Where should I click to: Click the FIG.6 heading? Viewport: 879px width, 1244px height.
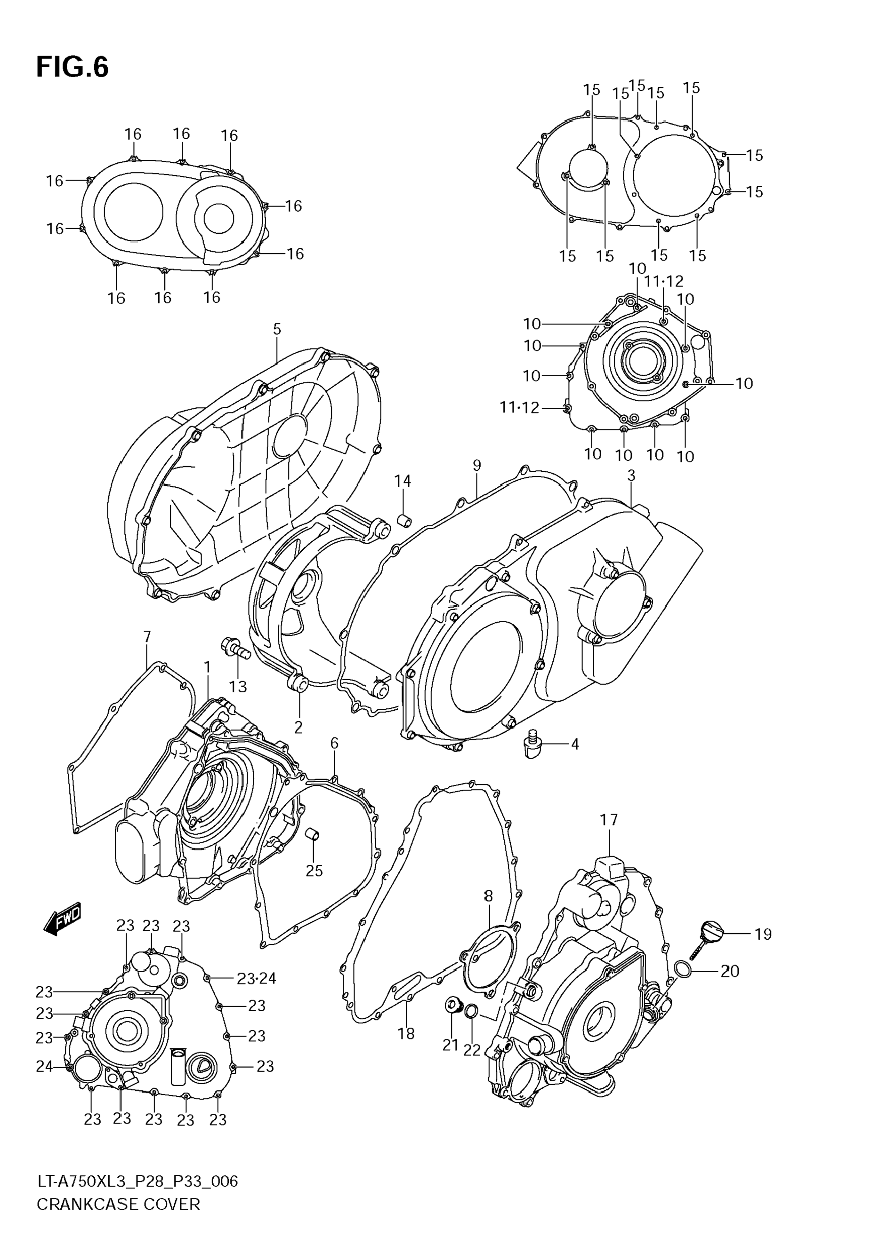[x=72, y=68]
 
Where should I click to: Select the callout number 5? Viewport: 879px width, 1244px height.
[x=277, y=329]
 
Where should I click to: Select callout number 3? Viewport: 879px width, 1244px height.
[x=631, y=475]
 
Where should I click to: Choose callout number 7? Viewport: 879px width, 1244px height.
[x=147, y=636]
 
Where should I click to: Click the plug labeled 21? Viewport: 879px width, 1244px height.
[x=452, y=1005]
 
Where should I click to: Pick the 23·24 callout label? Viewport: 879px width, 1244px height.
[x=257, y=979]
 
